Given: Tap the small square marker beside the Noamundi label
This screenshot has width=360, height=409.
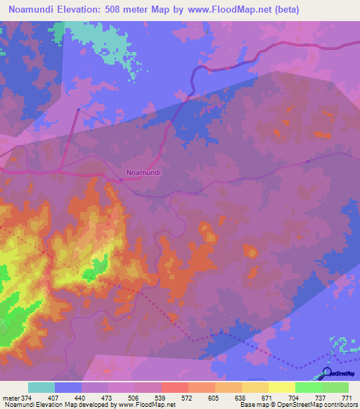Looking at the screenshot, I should [x=121, y=179].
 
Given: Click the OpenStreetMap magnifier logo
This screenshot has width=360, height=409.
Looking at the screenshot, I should [x=327, y=372].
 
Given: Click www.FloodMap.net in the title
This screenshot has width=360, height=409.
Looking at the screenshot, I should [x=228, y=10].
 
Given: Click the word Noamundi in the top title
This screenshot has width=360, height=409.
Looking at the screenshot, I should [x=36, y=10].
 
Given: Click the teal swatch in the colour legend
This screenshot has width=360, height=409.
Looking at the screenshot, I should [x=41, y=387].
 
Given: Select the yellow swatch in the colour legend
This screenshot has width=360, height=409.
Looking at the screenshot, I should [x=281, y=387].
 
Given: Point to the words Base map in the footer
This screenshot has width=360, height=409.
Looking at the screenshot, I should [x=252, y=405].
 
